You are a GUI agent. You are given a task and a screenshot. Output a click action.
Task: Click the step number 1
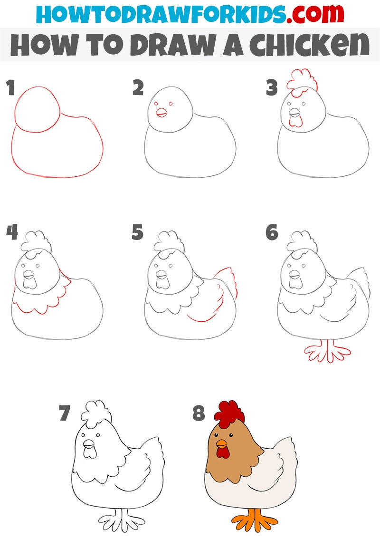10,87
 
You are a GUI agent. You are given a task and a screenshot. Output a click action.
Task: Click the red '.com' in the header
315,13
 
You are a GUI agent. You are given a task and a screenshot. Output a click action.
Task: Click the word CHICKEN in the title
309,45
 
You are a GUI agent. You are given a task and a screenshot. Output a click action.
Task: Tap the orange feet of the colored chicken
255,520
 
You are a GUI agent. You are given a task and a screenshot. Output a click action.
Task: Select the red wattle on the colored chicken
223,453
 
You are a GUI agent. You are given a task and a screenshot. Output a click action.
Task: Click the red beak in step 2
161,113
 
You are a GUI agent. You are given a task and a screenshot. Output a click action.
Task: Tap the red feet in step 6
327,351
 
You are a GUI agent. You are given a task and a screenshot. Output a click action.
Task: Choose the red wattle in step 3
295,121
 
